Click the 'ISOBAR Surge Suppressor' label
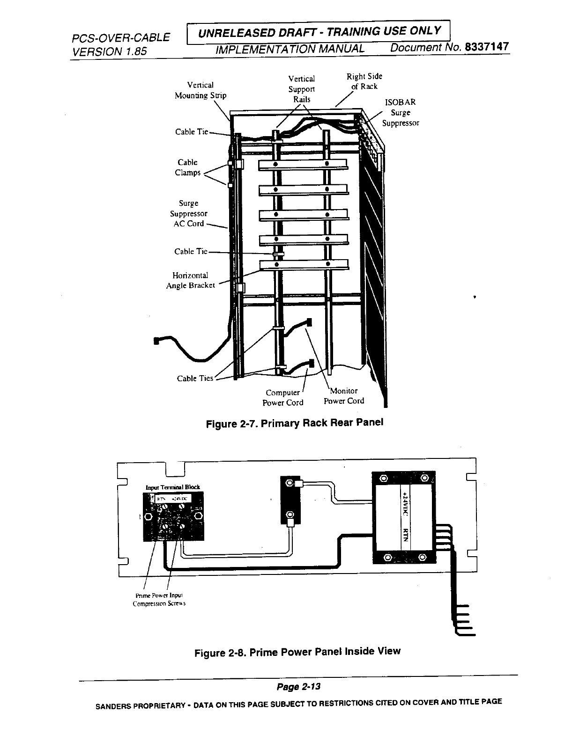tap(400, 113)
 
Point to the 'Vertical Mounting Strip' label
tap(201, 90)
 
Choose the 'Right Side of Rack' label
tap(364, 81)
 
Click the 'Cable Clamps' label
tap(187, 167)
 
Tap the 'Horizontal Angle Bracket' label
tap(190, 280)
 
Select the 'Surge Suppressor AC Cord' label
tap(188, 213)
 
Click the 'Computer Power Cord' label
tap(282, 398)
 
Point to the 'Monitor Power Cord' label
tap(344, 396)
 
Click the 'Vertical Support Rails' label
tap(301, 89)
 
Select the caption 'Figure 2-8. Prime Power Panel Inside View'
tap(297, 652)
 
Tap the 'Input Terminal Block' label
tap(173, 487)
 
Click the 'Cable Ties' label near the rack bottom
tap(195, 378)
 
